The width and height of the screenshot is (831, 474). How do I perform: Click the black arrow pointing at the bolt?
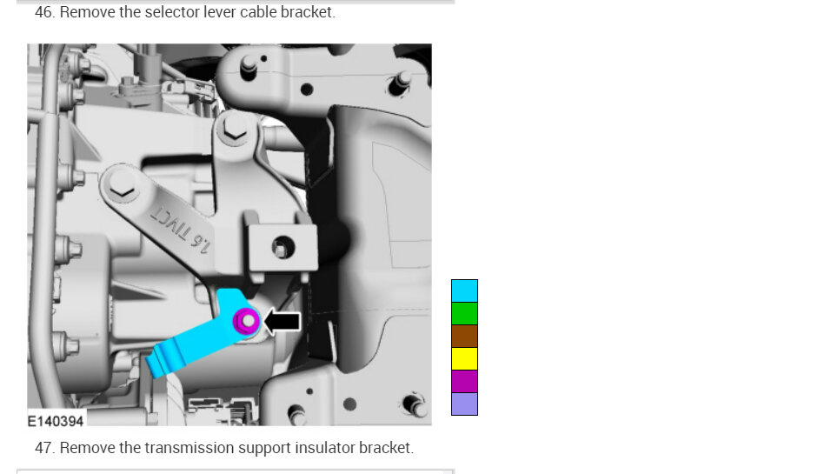283,321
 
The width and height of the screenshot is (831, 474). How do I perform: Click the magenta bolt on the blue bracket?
247,321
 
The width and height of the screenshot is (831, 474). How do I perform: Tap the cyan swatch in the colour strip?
464,290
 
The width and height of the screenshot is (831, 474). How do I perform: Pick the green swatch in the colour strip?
464,313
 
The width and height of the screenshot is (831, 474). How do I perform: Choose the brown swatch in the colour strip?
464,336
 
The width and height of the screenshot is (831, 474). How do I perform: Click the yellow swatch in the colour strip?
464,359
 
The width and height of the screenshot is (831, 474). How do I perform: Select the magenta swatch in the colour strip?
464,382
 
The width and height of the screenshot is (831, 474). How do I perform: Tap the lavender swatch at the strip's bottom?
464,404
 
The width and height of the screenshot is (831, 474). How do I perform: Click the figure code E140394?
56,421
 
